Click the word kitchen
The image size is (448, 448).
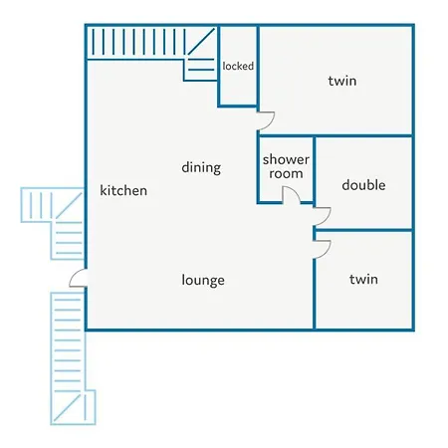tap(123, 190)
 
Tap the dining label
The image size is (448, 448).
tap(201, 167)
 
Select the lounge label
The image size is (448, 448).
tap(203, 280)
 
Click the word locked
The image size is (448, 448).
tap(238, 66)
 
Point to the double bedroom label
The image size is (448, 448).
tap(363, 185)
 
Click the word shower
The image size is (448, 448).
tap(286, 159)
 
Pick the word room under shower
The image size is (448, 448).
tap(286, 173)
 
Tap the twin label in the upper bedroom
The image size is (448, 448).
tap(342, 81)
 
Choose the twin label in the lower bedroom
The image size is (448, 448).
tap(363, 279)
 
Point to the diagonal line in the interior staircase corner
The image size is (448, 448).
tap(201, 42)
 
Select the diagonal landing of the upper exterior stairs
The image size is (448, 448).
tap(69, 206)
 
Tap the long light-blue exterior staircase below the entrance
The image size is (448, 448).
tap(68, 341)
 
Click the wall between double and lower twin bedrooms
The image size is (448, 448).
tap(363, 230)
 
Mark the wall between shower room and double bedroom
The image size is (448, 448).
tap(314, 169)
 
